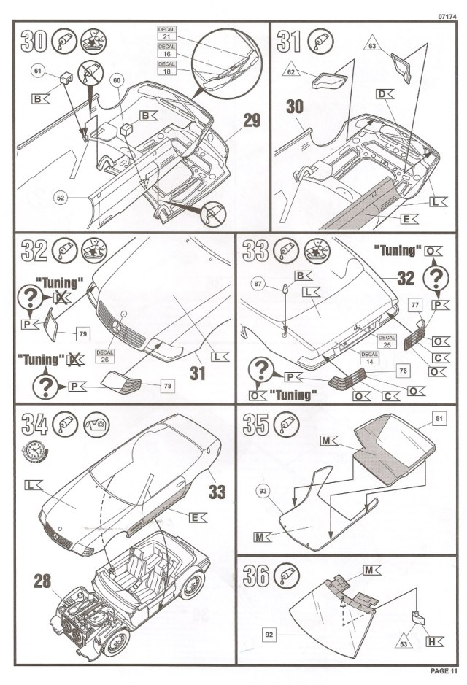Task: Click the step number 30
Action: point(33,42)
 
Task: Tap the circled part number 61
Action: point(38,71)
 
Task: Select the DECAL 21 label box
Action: point(166,34)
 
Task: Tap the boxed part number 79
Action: point(84,333)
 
